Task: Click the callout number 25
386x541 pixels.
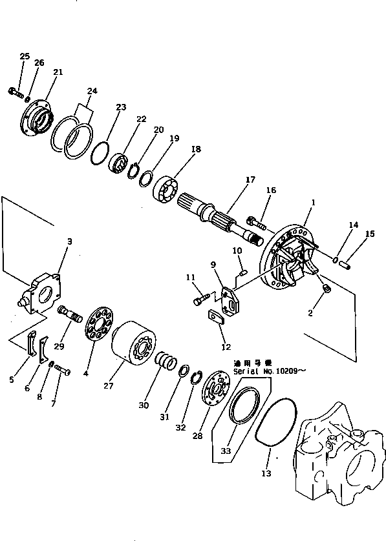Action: coord(25,57)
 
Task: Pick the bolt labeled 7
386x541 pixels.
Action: coord(62,369)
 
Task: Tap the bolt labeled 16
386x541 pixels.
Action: coord(257,225)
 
